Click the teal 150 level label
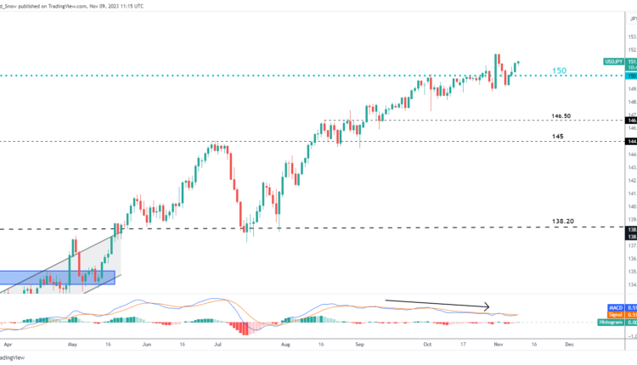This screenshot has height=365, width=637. (x=560, y=70)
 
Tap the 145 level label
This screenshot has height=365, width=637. (x=558, y=134)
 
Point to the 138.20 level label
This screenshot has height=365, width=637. (x=565, y=221)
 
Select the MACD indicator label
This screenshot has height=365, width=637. (x=615, y=306)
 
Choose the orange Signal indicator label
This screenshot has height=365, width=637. (x=616, y=314)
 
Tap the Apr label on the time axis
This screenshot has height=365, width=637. (x=8, y=345)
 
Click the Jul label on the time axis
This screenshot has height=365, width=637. (x=219, y=345)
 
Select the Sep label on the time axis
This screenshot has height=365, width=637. (x=359, y=345)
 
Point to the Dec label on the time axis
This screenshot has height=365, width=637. (x=569, y=345)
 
